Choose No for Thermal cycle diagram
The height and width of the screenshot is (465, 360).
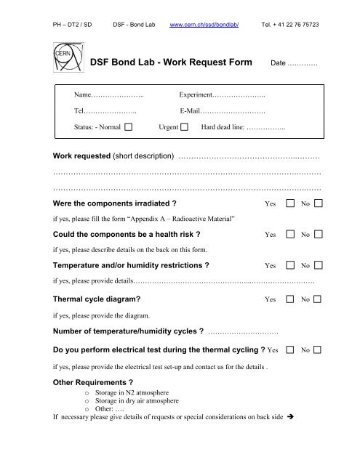(x=319, y=299)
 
